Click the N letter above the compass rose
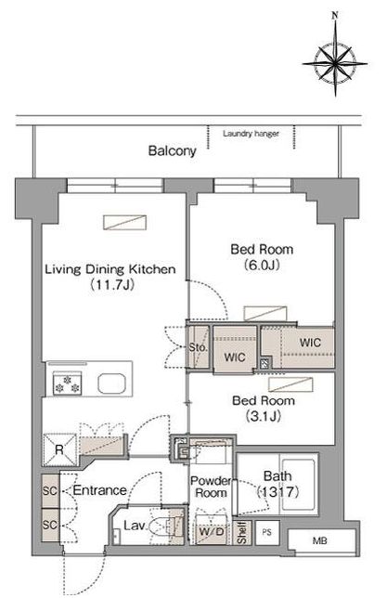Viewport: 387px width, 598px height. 335,16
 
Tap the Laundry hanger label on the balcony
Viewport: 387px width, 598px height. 251,134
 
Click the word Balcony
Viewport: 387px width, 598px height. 172,151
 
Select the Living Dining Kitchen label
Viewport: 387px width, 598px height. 110,269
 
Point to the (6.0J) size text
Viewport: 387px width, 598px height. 262,265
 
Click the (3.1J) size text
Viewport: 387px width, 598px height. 263,416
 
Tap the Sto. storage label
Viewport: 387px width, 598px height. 199,347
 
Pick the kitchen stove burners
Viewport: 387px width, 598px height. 67,383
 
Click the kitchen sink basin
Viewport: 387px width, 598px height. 111,383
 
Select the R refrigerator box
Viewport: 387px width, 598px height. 59,450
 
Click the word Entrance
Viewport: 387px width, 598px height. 99,490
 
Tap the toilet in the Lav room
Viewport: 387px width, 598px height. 163,526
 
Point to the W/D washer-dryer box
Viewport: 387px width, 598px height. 212,530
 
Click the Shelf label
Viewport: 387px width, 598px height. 241,533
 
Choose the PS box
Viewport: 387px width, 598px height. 267,532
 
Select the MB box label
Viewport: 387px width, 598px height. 319,540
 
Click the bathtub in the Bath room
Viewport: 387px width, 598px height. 298,485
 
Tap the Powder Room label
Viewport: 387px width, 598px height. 211,487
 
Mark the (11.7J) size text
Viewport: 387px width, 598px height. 111,284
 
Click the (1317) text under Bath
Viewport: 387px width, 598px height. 278,492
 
